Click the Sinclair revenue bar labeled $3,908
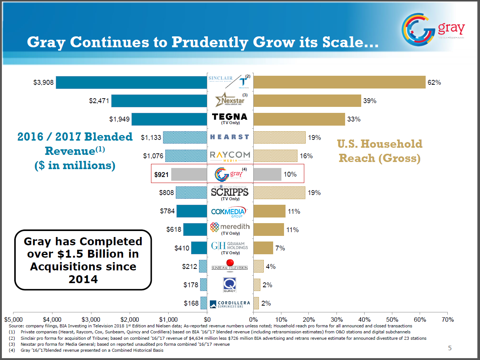tap(131, 82)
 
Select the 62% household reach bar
tap(339, 82)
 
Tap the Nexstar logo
tap(230, 100)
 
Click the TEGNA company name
tap(230, 117)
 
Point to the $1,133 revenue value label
tap(151, 138)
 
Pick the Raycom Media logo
tap(230, 156)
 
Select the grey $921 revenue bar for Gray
tap(189, 174)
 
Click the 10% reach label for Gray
tap(290, 174)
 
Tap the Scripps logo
tap(230, 192)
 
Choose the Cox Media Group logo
tap(229, 212)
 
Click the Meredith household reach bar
tap(269, 229)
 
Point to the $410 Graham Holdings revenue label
tap(182, 248)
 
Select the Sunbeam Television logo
tap(230, 265)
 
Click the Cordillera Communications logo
tap(230, 304)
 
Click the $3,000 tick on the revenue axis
tap(91, 319)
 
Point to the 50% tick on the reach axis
tap(392, 319)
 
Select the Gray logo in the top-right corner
tap(433, 28)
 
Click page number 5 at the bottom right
tap(450, 348)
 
